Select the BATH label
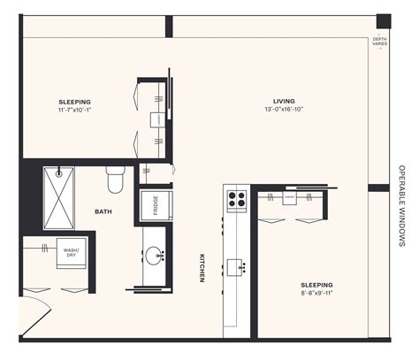[x=103, y=211]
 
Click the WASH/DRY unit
[x=71, y=254]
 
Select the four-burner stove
[x=236, y=200]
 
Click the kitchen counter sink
[x=236, y=265]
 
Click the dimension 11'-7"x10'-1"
[x=75, y=111]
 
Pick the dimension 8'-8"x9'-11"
[x=315, y=293]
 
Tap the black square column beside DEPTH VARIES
[x=383, y=21]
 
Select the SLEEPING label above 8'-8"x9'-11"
[x=315, y=284]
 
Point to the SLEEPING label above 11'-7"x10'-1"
[x=75, y=101]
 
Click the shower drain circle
[x=59, y=171]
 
